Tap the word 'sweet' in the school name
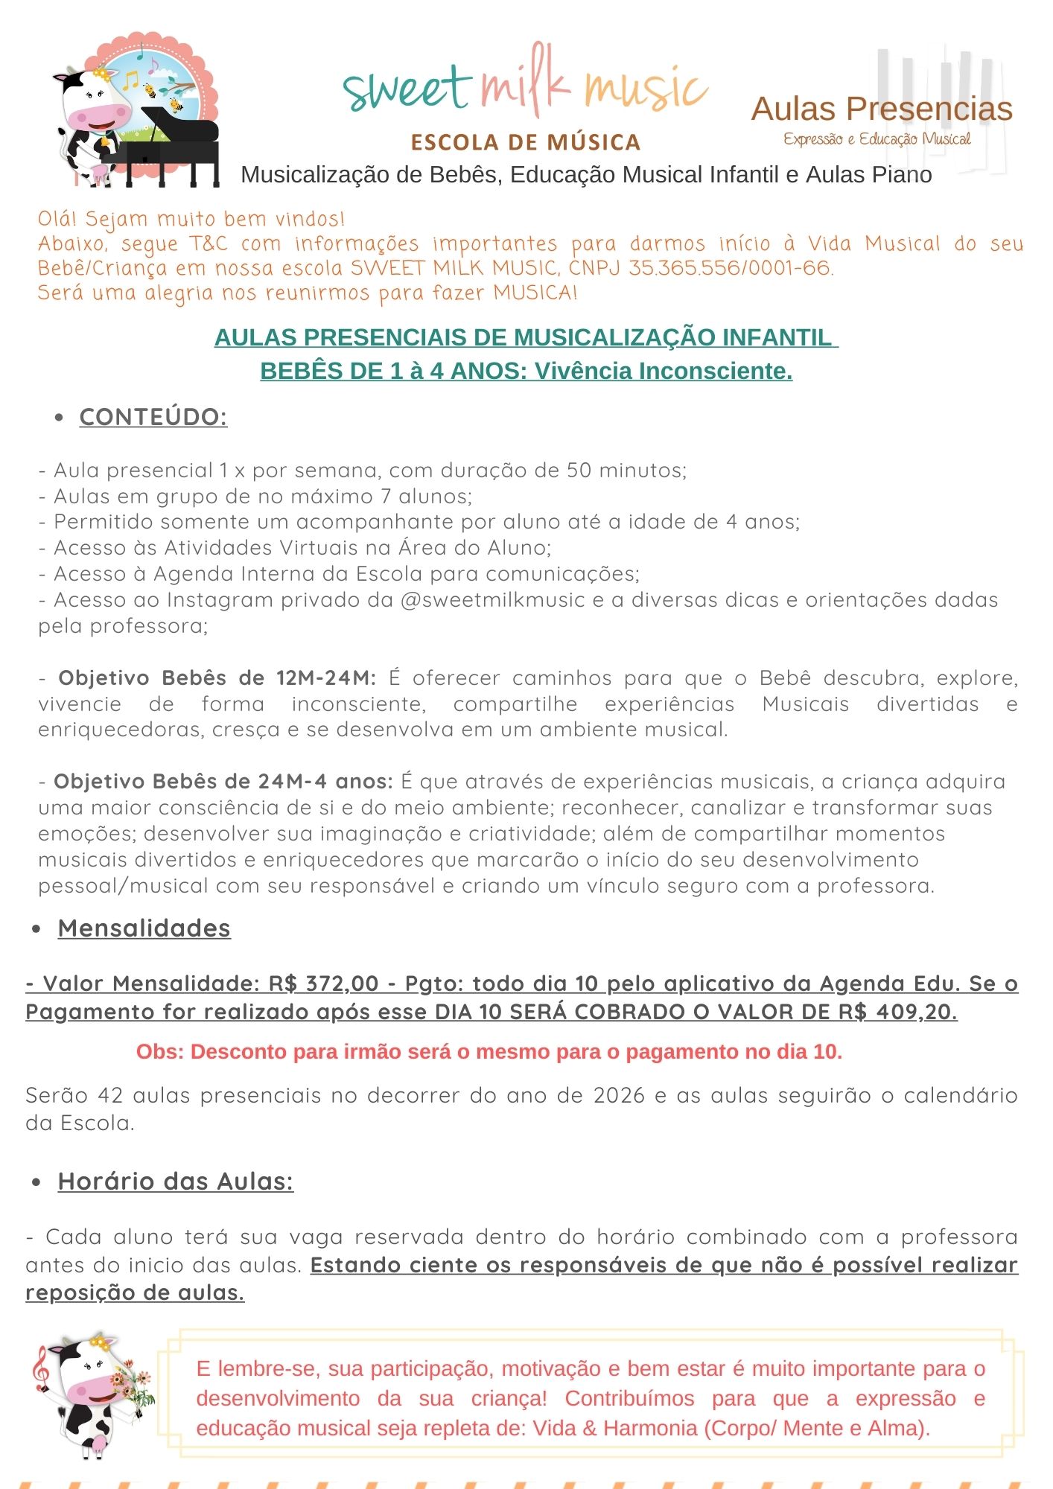coord(407,89)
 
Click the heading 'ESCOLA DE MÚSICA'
coord(526,142)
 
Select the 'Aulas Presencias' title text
coord(882,109)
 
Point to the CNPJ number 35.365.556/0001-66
coord(730,268)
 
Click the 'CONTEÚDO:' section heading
coord(153,417)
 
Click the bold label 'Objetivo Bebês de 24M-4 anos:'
coord(223,782)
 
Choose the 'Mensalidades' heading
coord(144,928)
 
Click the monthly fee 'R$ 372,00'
coord(324,983)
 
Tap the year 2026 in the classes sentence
coord(619,1096)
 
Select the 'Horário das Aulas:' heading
coord(176,1182)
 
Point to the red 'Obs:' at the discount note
coord(159,1052)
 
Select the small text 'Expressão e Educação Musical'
coord(877,139)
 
